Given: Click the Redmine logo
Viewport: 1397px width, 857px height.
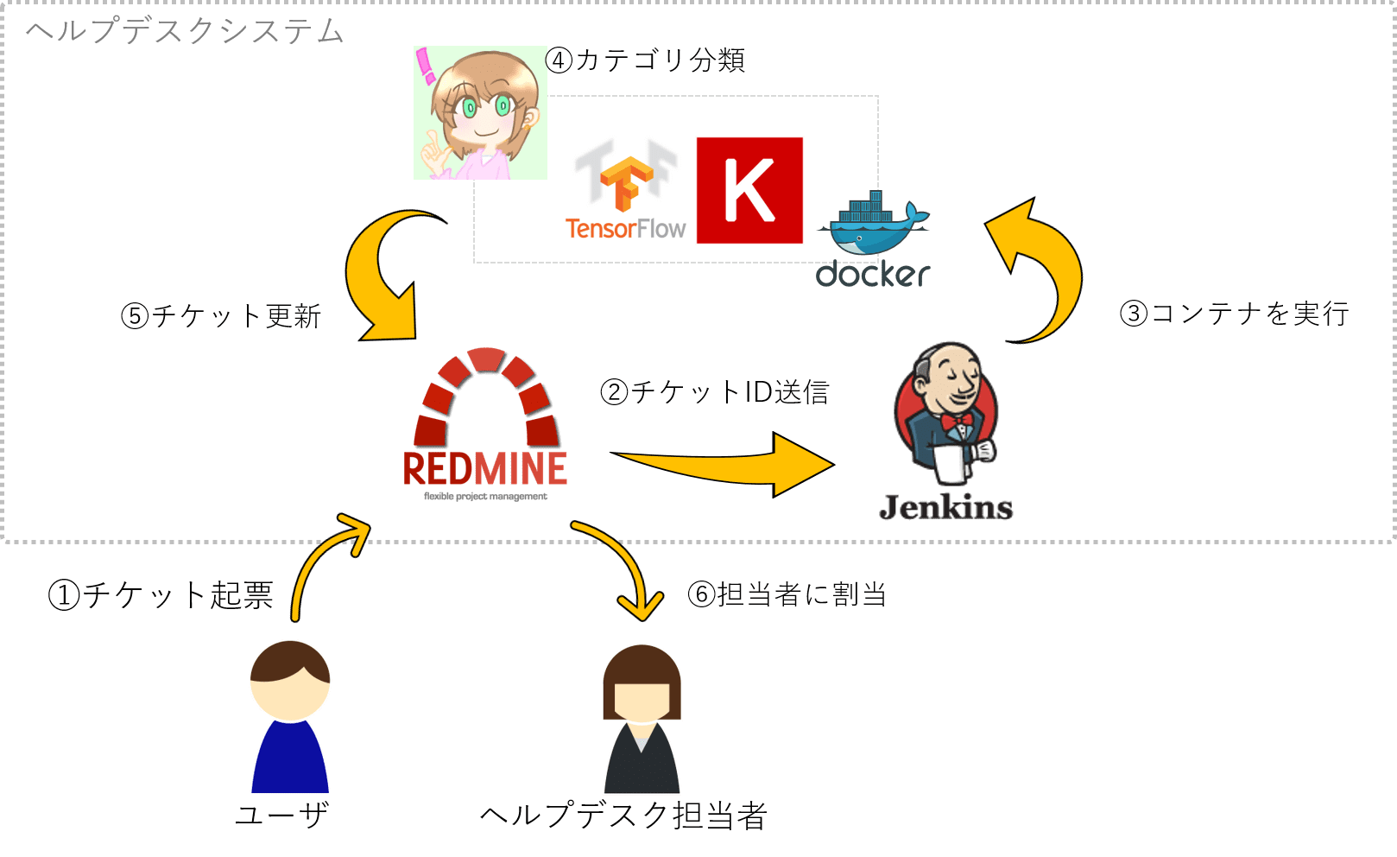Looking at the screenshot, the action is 485,424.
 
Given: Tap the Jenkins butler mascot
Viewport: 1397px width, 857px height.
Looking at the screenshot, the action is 945,413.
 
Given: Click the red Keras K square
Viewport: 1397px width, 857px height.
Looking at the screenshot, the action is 749,190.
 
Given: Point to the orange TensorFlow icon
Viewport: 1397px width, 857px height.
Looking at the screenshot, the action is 626,184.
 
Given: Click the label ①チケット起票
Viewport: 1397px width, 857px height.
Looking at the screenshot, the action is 161,595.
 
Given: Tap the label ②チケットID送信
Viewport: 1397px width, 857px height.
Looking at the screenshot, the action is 715,392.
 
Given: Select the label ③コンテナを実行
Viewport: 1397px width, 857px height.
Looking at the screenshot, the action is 1235,314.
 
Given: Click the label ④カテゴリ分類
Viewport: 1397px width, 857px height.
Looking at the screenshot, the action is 646,60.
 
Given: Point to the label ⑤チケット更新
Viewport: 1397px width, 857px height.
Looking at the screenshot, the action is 221,316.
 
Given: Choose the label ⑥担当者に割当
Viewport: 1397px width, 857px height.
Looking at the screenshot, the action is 787,594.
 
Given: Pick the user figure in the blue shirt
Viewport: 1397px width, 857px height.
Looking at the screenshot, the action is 290,716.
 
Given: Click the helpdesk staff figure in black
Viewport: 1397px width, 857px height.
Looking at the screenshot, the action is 642,719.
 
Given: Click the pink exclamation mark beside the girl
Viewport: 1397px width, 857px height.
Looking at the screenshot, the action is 426,66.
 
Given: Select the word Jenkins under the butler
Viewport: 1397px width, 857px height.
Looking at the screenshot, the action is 946,507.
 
